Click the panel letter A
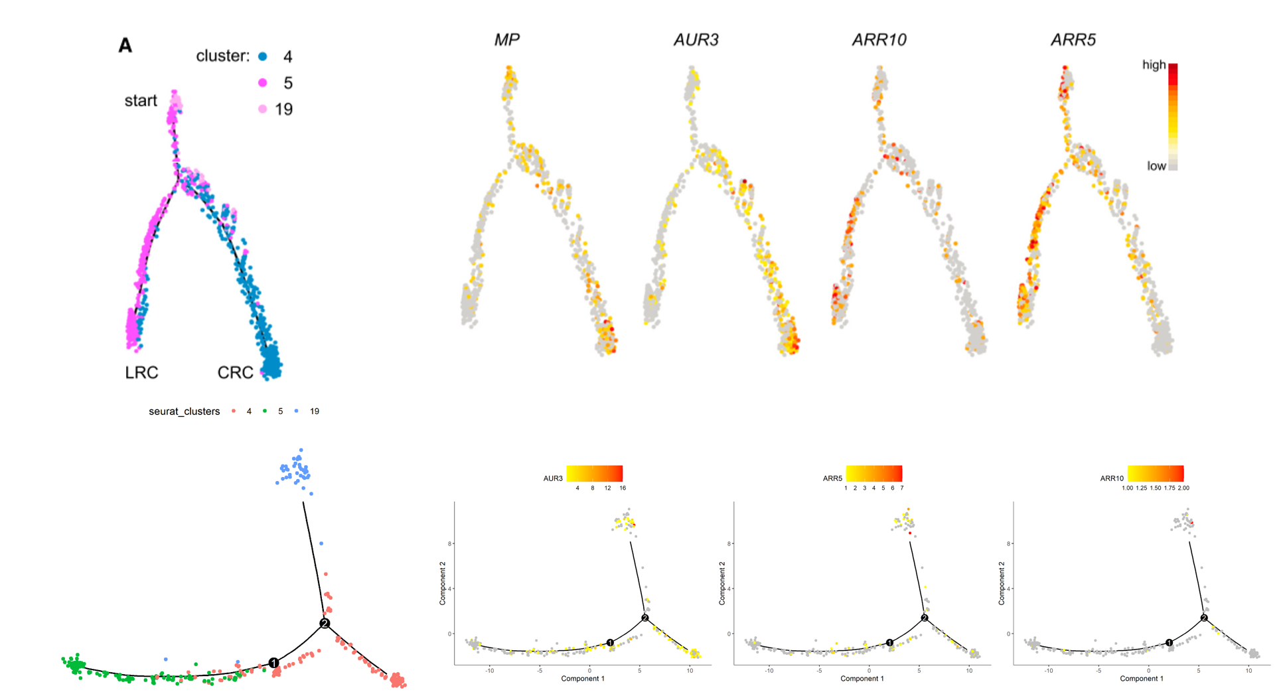(125, 45)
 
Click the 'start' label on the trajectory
(141, 101)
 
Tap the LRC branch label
(141, 373)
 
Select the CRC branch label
(235, 373)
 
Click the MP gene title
(507, 40)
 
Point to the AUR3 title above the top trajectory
(696, 40)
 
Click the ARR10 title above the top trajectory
(879, 40)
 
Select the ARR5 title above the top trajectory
(1073, 40)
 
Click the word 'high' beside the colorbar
(1154, 65)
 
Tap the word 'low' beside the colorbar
(1156, 166)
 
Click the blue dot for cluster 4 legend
(263, 56)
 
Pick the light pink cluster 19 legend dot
(263, 109)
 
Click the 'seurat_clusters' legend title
(184, 411)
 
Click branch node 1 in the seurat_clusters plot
(273, 663)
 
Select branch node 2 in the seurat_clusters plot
(325, 624)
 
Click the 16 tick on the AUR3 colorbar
(623, 488)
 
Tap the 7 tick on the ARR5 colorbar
(901, 488)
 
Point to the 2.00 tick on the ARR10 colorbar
(1183, 488)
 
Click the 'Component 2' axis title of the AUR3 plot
(443, 583)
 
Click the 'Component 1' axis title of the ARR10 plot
(1141, 678)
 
